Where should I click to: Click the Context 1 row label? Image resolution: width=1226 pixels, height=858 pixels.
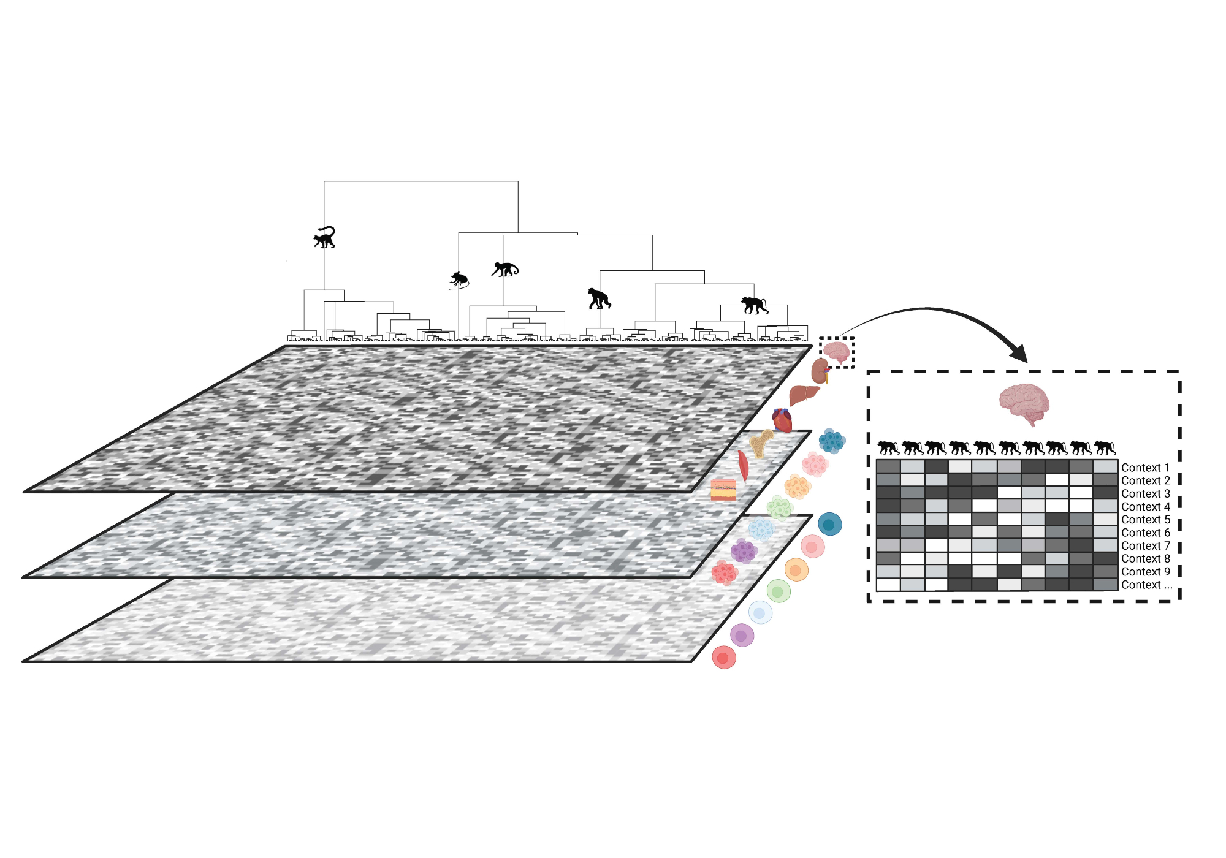point(1145,468)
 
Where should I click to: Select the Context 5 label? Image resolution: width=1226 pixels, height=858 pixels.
point(1145,520)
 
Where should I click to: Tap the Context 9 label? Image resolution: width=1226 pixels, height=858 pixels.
point(1145,572)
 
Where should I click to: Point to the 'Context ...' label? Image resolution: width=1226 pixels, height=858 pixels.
point(1146,585)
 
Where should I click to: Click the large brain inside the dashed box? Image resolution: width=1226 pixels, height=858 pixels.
point(1024,403)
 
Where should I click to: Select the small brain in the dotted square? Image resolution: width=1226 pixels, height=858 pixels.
point(836,352)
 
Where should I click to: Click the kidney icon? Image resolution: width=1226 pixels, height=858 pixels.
point(820,371)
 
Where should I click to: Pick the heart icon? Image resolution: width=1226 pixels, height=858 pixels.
point(782,420)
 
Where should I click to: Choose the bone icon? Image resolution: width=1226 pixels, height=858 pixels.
point(761,442)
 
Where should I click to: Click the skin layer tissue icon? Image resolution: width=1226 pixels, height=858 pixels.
point(723,490)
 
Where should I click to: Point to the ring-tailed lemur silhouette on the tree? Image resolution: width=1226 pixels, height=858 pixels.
point(325,237)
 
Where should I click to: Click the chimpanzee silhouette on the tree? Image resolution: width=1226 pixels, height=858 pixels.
point(599,298)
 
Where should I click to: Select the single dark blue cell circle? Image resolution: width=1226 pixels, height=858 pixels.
point(830,524)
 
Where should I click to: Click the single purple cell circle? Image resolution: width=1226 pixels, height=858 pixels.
point(742,636)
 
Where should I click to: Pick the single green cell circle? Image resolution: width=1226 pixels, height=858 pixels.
point(779,591)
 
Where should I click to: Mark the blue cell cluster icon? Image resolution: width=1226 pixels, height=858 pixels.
point(832,440)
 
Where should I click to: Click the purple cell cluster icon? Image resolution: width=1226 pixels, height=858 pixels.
point(744,552)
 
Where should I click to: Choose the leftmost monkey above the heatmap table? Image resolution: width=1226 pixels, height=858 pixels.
point(888,448)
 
